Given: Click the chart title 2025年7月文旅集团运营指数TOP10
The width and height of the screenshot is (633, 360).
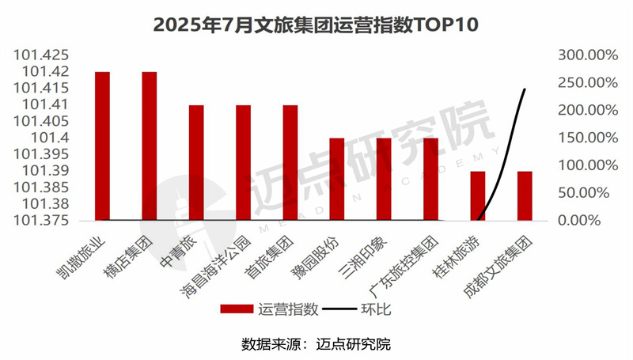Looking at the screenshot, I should (316, 25).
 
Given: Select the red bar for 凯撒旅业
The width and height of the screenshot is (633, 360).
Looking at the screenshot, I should (102, 146).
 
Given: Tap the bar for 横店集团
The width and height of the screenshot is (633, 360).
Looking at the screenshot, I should (149, 146).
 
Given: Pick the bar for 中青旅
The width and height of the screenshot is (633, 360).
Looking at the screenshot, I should (196, 162).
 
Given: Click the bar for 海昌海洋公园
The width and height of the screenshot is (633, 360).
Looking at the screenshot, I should (243, 162).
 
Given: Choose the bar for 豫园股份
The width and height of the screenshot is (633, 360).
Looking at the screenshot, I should (336, 179).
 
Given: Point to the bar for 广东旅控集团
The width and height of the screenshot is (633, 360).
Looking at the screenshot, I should (430, 179).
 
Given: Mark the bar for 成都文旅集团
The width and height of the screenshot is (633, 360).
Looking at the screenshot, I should (524, 195).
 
